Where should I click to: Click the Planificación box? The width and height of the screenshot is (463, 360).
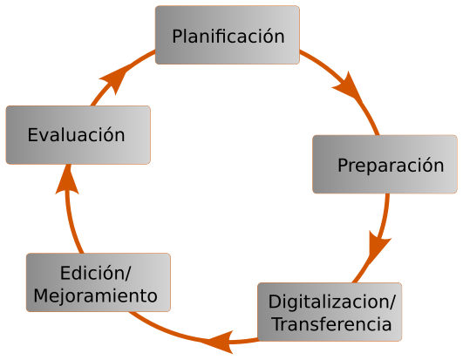point(228,35)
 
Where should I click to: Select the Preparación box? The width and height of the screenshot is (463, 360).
point(385,165)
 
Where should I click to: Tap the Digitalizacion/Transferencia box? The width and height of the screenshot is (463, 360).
point(330,312)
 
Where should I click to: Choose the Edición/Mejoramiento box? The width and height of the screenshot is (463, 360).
point(99,282)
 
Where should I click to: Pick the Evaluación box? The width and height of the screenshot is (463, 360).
point(78,135)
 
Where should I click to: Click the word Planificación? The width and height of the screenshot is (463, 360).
point(228,37)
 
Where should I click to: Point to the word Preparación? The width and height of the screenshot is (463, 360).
point(391,166)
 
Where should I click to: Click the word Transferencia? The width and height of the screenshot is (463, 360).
point(332,324)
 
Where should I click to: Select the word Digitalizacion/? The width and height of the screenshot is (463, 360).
point(331,302)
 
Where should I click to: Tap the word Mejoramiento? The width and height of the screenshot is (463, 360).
point(95,295)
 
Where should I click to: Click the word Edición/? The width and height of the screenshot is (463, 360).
point(95,273)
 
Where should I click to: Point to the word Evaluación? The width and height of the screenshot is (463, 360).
point(76,135)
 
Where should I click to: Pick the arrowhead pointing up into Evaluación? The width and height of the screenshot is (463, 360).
point(68,180)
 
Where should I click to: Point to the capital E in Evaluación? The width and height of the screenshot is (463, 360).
point(32,135)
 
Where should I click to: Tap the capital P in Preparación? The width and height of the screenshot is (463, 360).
point(343,166)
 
